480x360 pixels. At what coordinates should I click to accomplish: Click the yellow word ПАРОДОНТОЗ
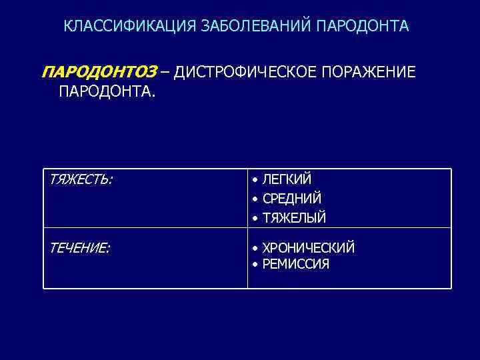click(99, 72)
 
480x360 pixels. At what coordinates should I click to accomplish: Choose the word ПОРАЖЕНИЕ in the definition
click(369, 72)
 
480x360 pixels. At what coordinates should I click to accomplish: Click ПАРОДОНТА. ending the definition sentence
click(107, 90)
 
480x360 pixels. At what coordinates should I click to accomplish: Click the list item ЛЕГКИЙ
click(287, 179)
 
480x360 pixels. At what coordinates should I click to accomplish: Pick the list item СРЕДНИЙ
click(292, 199)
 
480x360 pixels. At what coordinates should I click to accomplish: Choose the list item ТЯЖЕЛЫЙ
click(294, 217)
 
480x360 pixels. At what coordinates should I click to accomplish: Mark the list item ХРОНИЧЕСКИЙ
click(309, 248)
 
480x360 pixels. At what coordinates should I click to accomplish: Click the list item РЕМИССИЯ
click(296, 264)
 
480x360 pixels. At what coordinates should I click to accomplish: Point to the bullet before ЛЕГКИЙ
click(255, 180)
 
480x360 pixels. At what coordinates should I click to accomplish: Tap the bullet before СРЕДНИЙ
click(255, 199)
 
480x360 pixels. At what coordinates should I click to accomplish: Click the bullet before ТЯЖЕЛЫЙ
click(255, 218)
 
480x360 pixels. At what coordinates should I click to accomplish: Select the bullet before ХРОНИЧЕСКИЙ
click(255, 249)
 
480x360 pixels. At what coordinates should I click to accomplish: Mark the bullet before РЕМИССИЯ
click(255, 265)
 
